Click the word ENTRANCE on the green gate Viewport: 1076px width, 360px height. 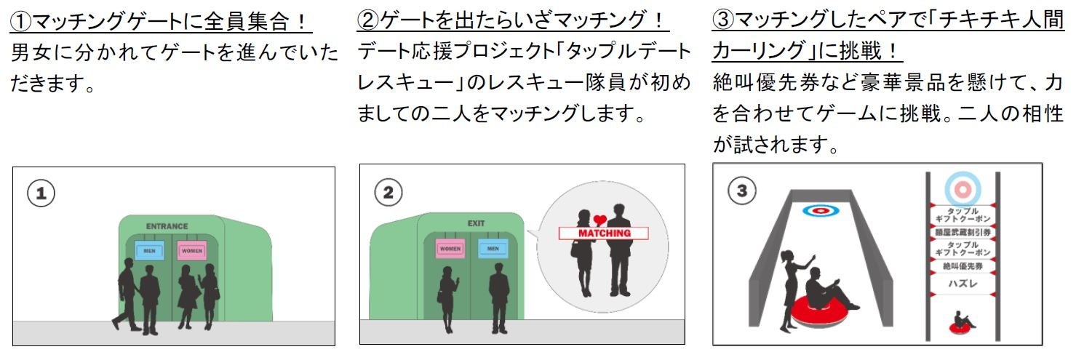click(x=167, y=226)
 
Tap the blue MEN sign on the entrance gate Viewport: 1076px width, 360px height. click(x=149, y=251)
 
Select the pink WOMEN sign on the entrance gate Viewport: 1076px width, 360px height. click(x=191, y=251)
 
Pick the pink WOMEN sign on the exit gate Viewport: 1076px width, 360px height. click(x=450, y=249)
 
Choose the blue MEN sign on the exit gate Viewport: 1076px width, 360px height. click(x=493, y=249)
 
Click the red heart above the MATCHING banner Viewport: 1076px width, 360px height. click(x=599, y=220)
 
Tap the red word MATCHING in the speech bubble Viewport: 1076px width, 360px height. click(x=603, y=233)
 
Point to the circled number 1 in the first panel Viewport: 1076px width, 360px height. click(x=42, y=193)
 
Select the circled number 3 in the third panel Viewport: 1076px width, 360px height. click(x=741, y=191)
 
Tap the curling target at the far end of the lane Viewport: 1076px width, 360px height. click(x=821, y=211)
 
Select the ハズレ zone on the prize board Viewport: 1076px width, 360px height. click(x=962, y=285)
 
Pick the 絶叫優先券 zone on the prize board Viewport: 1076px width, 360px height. click(x=962, y=267)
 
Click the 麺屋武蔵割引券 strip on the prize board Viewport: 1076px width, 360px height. click(x=962, y=232)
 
